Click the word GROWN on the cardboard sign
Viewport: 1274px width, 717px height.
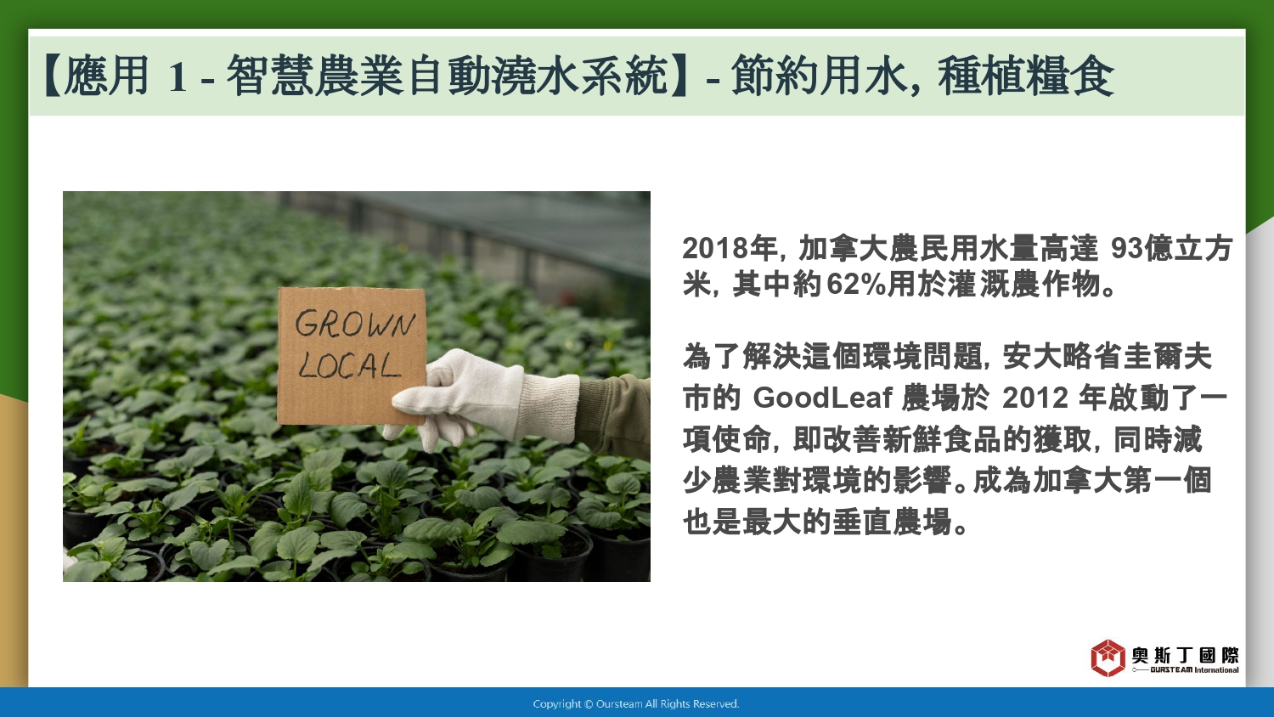[355, 324]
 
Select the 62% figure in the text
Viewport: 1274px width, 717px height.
[856, 284]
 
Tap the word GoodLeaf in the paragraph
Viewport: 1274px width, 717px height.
[822, 398]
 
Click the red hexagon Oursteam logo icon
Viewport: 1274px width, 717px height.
[1108, 658]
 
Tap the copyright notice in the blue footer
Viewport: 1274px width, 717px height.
[636, 704]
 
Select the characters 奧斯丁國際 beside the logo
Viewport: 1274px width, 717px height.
[1185, 655]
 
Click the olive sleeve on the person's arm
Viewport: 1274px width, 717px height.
[615, 415]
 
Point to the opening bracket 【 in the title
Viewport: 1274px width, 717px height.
[53, 76]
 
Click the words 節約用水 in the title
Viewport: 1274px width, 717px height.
[818, 76]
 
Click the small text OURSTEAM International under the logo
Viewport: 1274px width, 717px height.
[1194, 669]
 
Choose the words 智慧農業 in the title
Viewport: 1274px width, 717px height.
[315, 76]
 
